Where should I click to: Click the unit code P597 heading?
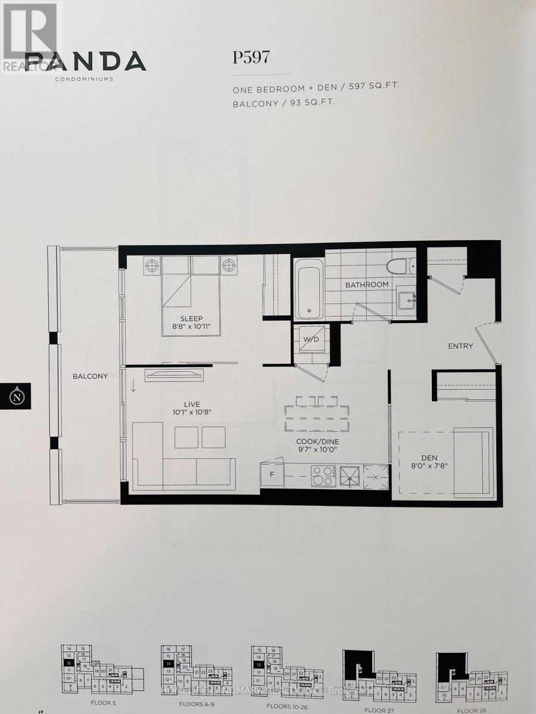[x=251, y=58]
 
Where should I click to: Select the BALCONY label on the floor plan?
[x=90, y=376]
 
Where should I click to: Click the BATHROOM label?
[x=367, y=284]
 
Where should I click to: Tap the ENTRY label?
[x=460, y=346]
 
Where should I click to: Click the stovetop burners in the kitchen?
[x=323, y=475]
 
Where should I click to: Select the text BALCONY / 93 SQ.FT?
[x=283, y=102]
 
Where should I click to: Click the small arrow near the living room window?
[x=133, y=386]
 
